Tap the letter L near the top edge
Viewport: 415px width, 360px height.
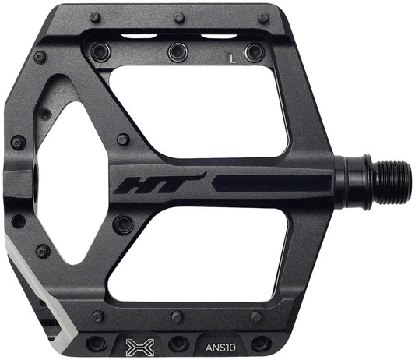point(231,56)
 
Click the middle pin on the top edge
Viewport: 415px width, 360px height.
point(179,17)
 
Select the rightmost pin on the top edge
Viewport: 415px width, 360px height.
point(263,17)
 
